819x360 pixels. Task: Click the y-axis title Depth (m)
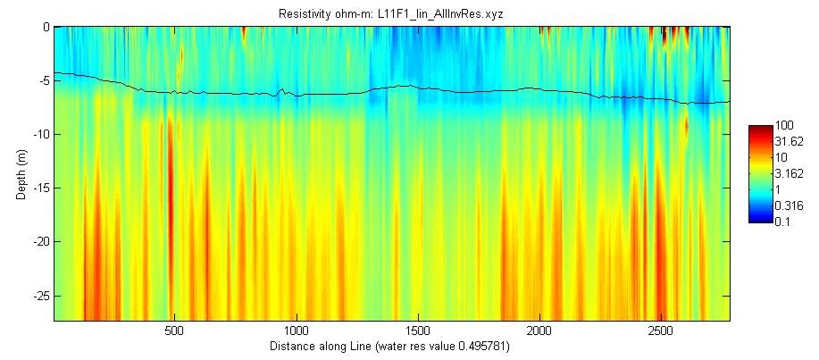[x=21, y=173]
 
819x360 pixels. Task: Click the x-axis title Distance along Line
[x=390, y=344]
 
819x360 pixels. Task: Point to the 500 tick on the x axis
[x=174, y=329]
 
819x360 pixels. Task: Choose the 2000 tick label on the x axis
[x=539, y=329]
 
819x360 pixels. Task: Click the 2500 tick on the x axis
[x=660, y=329]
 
